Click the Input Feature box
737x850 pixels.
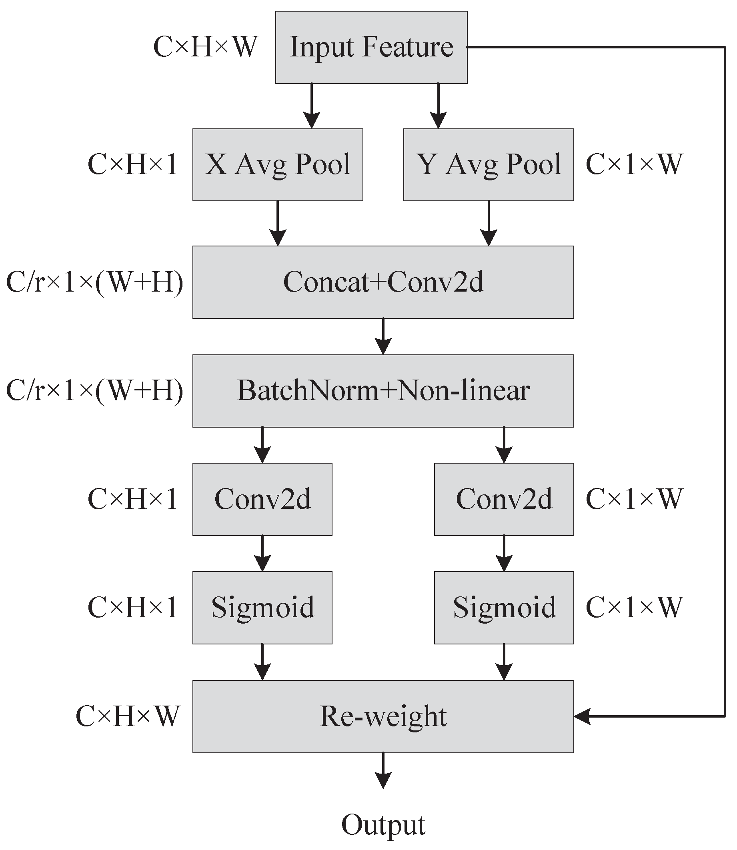click(x=371, y=47)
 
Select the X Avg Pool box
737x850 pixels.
click(x=278, y=164)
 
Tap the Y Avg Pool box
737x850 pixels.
click(x=488, y=164)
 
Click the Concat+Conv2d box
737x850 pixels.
click(x=383, y=282)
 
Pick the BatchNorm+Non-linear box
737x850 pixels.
click(x=383, y=391)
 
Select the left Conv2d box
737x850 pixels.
click(x=262, y=499)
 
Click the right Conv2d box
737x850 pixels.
click(x=504, y=499)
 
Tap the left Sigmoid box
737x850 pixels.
click(x=262, y=607)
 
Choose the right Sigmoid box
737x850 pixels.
click(x=504, y=607)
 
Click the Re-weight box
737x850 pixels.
click(x=383, y=716)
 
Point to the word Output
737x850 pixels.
click(x=383, y=824)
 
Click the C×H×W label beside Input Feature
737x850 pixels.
click(x=205, y=47)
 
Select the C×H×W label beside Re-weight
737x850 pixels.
click(x=128, y=716)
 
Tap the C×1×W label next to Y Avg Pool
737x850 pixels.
click(x=634, y=164)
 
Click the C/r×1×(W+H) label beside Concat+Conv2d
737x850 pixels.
click(x=94, y=282)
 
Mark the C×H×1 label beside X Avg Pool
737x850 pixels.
click(x=132, y=164)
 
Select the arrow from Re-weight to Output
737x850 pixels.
click(x=383, y=770)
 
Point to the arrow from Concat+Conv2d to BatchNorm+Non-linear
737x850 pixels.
click(x=383, y=336)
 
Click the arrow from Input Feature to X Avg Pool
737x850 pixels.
click(x=311, y=106)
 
